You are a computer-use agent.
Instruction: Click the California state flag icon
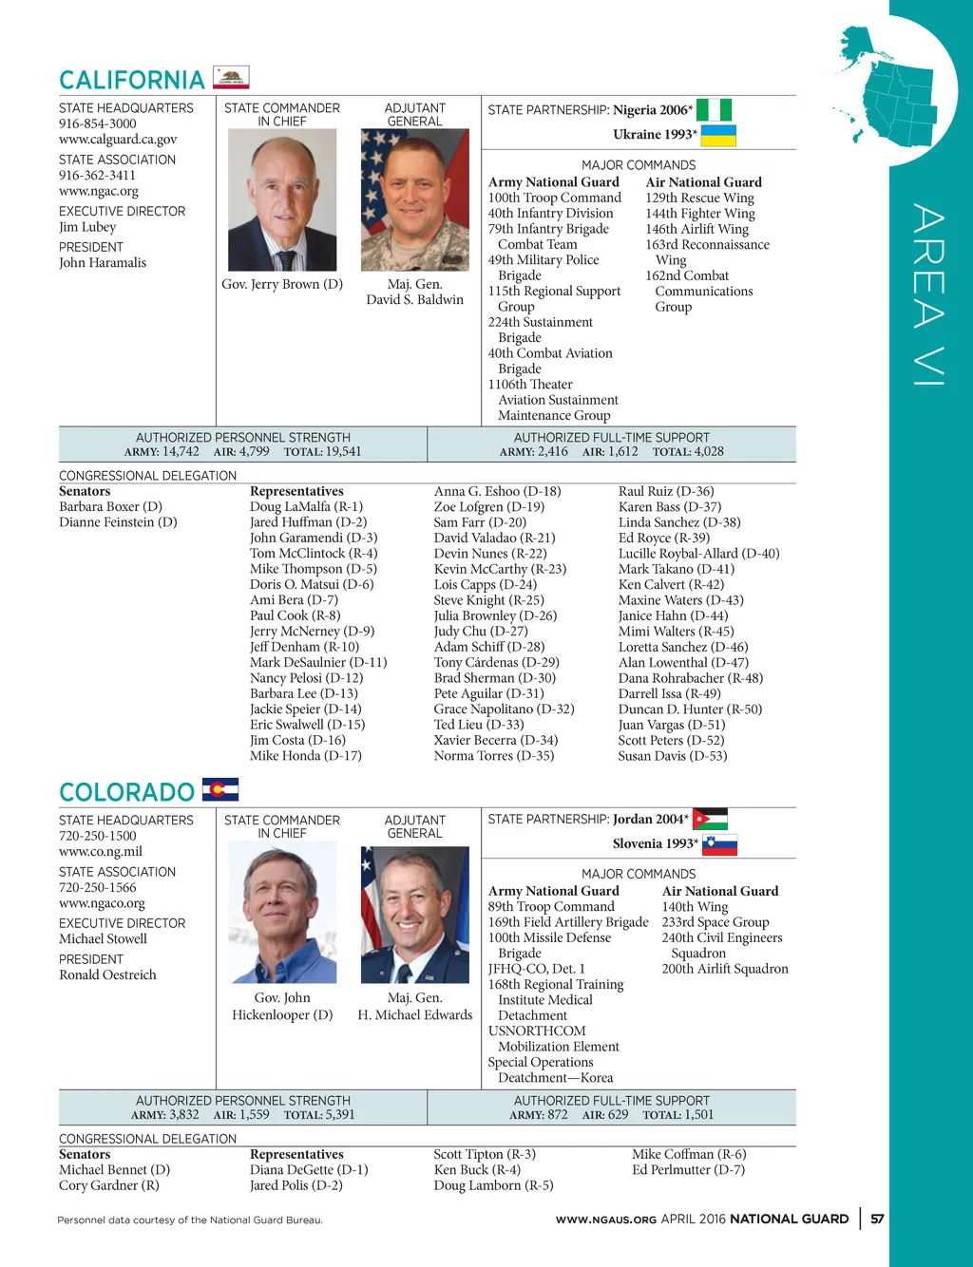tap(231, 78)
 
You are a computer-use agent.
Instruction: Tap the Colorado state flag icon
tap(220, 789)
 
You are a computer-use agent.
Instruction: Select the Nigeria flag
tap(715, 110)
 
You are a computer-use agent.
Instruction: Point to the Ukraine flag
tap(718, 135)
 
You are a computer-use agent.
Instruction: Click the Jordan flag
tap(710, 819)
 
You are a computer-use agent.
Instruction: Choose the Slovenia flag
tap(719, 843)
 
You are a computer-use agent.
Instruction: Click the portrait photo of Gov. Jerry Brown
tap(282, 200)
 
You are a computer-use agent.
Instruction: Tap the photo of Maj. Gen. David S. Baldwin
tap(414, 200)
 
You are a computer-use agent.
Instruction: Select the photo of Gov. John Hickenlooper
tap(282, 914)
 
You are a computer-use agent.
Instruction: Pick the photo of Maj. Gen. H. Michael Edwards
tap(414, 914)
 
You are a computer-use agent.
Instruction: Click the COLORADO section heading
tap(126, 792)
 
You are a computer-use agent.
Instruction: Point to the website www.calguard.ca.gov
tap(118, 139)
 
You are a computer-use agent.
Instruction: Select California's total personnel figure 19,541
tap(342, 451)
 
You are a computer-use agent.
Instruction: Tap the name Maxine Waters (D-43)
tap(680, 600)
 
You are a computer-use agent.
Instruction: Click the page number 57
tap(877, 1219)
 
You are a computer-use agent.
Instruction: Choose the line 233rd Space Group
tap(715, 922)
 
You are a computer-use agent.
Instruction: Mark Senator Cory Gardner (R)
tap(109, 1185)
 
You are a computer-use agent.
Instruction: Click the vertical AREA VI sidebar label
tap(928, 294)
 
